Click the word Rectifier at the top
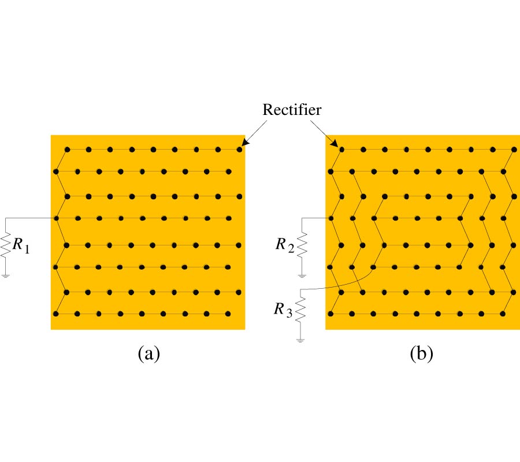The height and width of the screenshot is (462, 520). tap(292, 110)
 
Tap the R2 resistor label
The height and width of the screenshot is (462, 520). tap(284, 245)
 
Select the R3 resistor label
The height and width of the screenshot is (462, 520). tap(283, 310)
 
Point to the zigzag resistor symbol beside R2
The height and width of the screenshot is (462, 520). tap(302, 244)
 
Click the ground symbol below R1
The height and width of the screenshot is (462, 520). tap(6, 275)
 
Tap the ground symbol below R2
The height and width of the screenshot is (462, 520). tap(302, 271)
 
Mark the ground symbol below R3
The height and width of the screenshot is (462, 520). tap(300, 339)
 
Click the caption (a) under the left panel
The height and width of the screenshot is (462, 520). tap(148, 353)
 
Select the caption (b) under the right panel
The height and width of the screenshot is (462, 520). tap(421, 353)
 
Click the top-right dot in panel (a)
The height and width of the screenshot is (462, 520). tap(239, 150)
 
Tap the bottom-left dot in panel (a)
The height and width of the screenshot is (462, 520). tap(56, 314)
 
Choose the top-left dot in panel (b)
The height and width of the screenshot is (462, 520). tap(341, 150)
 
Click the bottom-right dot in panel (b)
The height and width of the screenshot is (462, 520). tap(503, 314)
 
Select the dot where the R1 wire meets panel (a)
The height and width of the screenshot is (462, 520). tap(56, 218)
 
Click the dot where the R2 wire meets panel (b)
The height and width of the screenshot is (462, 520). tap(331, 218)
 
